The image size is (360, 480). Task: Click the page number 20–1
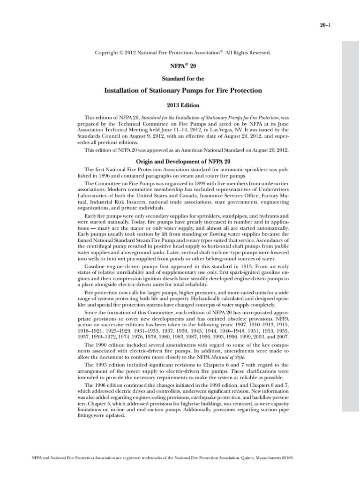point(328,26)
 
